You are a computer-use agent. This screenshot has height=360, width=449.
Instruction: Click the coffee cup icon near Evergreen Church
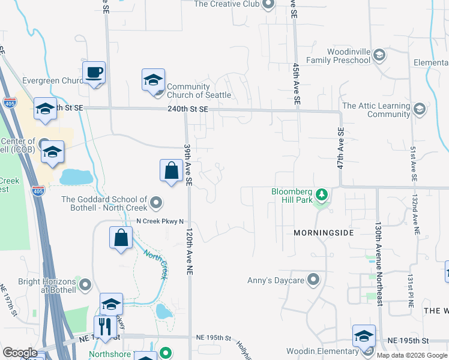coord(94,73)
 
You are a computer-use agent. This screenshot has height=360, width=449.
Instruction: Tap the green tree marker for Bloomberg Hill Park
coord(322,194)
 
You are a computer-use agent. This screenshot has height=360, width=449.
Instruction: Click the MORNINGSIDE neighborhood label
coord(324,232)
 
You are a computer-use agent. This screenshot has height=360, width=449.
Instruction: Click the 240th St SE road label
coord(188,109)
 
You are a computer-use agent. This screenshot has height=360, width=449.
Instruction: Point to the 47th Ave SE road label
coord(340,148)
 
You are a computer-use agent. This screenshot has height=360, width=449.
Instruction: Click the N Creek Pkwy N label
coord(160,221)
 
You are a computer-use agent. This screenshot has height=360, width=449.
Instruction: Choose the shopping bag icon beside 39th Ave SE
coord(172,170)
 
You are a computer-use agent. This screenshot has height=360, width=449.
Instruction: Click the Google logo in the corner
coord(20,353)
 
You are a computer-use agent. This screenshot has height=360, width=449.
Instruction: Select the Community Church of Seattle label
coord(198,91)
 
